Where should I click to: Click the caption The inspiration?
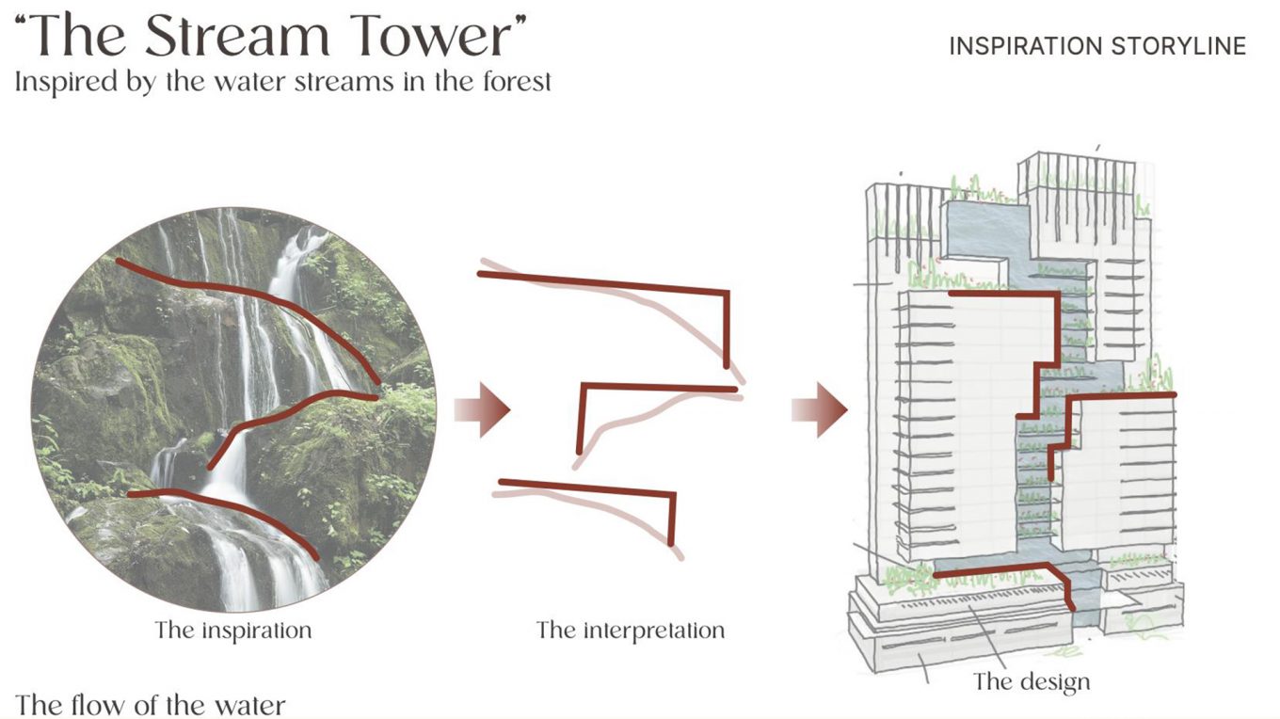(x=232, y=629)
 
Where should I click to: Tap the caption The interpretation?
(x=631, y=630)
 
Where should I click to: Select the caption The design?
(x=1032, y=680)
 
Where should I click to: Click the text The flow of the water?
(x=150, y=704)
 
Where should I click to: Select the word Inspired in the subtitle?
(x=57, y=82)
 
